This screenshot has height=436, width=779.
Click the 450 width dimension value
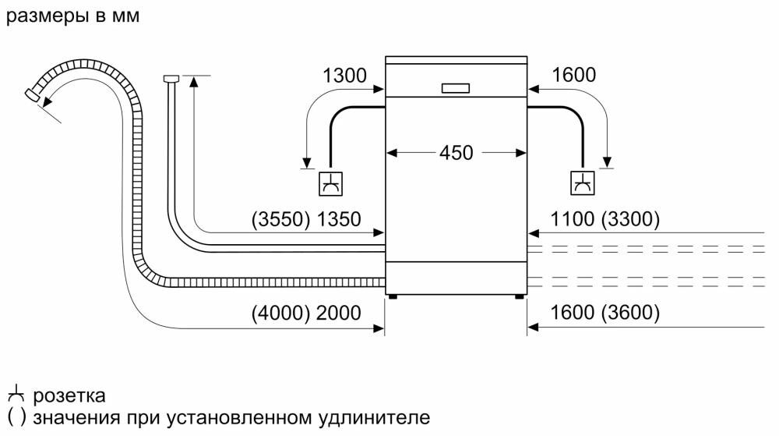pos(456,154)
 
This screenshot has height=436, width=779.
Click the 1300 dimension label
pos(344,76)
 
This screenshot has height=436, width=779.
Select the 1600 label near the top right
pos(573,76)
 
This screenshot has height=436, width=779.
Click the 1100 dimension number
pos(573,220)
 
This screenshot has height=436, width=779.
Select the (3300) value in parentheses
pos(630,220)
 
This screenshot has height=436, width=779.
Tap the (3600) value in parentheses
pos(630,314)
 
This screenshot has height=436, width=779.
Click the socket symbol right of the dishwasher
pos(582,184)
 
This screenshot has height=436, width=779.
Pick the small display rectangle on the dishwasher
pos(456,88)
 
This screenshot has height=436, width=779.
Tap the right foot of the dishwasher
pos(518,296)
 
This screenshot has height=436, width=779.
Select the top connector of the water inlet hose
pos(171,77)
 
